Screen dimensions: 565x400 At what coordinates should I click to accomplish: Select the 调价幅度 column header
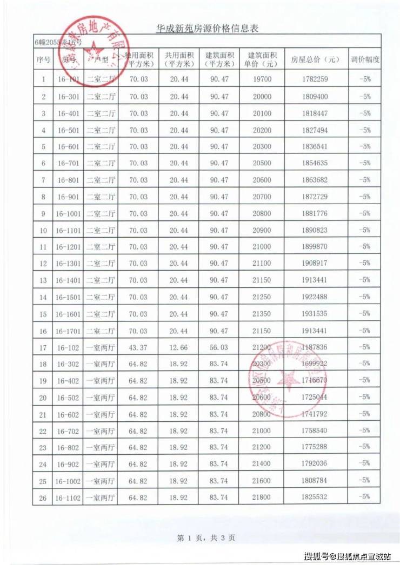(365, 59)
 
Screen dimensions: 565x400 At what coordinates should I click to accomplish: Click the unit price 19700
(264, 80)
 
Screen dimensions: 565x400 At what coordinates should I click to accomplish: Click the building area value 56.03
(219, 347)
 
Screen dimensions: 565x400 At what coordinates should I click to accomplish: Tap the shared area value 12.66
(178, 347)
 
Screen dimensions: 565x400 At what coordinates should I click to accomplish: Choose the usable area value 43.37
(139, 347)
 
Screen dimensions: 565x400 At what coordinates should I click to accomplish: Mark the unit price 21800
(264, 496)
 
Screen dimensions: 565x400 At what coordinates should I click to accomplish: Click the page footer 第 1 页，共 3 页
(205, 538)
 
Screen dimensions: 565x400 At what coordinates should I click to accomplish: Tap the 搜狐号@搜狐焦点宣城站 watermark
(348, 556)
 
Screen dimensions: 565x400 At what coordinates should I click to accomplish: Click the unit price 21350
(264, 313)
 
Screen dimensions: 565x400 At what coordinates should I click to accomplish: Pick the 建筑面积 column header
(219, 59)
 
